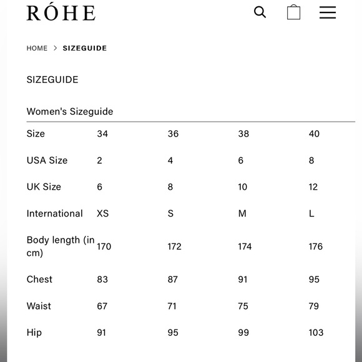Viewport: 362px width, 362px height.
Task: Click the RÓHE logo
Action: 61,12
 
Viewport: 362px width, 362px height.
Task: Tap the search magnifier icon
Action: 260,12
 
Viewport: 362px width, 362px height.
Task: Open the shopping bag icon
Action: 293,12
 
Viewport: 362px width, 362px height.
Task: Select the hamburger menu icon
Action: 328,12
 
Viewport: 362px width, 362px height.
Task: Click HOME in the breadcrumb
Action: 37,48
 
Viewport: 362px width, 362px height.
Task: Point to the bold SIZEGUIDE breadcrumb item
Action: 85,48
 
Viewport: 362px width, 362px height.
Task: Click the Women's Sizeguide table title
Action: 70,112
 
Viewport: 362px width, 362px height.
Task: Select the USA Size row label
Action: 47,160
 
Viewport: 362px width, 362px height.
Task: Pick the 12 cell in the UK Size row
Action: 313,187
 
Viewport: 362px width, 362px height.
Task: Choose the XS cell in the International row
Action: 103,213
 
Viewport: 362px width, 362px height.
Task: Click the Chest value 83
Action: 102,280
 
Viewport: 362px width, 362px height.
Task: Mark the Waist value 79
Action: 313,306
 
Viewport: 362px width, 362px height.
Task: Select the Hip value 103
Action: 316,333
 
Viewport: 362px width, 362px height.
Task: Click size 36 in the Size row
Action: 173,134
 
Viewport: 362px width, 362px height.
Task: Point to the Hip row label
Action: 34,333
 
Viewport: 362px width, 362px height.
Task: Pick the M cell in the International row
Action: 242,213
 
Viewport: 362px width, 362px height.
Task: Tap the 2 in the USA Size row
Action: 99,160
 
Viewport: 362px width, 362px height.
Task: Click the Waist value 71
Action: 172,306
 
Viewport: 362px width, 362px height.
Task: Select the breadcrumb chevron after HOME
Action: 55,48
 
